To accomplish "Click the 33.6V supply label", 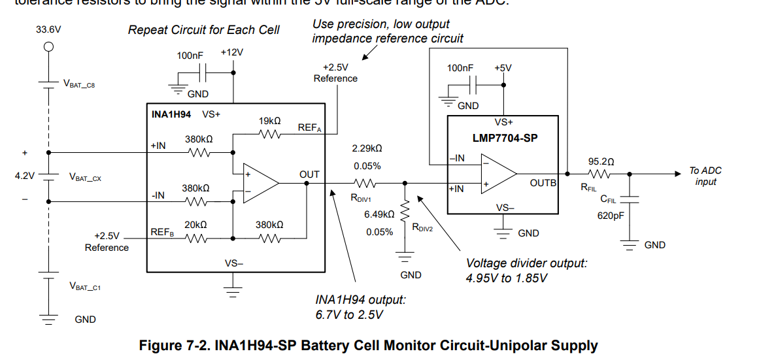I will click(48, 30).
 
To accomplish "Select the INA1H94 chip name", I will click(171, 114).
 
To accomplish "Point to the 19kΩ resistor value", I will click(270, 121).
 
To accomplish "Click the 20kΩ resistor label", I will click(195, 224).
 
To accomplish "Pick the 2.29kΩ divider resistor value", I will click(367, 149).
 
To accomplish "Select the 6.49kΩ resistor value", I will click(379, 214).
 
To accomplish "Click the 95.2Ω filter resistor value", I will click(601, 161).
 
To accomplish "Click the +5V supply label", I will click(503, 67).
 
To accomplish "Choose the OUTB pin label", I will click(543, 184).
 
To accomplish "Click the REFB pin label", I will click(161, 232).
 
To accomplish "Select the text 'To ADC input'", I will click(705, 176).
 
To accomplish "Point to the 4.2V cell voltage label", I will click(25, 176).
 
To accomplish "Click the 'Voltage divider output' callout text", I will click(526, 263).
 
